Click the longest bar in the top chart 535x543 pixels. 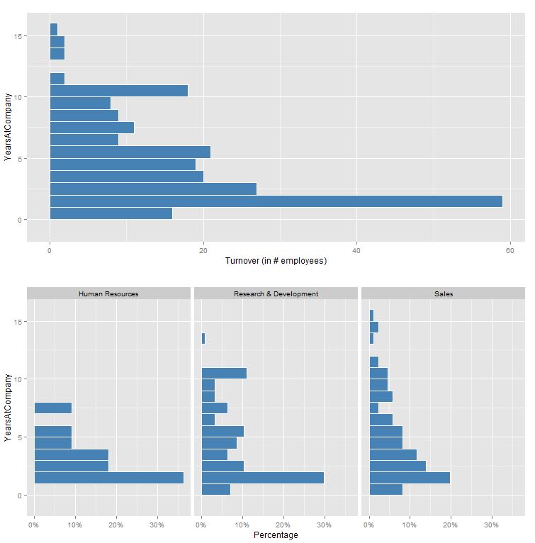tap(276, 201)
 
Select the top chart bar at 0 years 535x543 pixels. tap(111, 213)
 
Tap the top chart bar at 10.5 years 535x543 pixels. tap(118, 91)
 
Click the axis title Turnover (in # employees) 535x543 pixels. tap(276, 261)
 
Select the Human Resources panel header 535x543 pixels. tap(108, 293)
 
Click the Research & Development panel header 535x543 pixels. tap(276, 293)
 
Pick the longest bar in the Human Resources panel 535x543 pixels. tap(108, 478)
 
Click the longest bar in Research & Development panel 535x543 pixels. tap(262, 478)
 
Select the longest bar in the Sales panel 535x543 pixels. tap(410, 478)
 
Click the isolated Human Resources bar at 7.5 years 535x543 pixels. tap(52, 408)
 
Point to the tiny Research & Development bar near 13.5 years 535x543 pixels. tap(203, 339)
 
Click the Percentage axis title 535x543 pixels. tap(276, 535)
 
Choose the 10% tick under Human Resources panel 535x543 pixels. tap(75, 525)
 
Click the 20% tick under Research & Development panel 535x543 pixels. tap(283, 525)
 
